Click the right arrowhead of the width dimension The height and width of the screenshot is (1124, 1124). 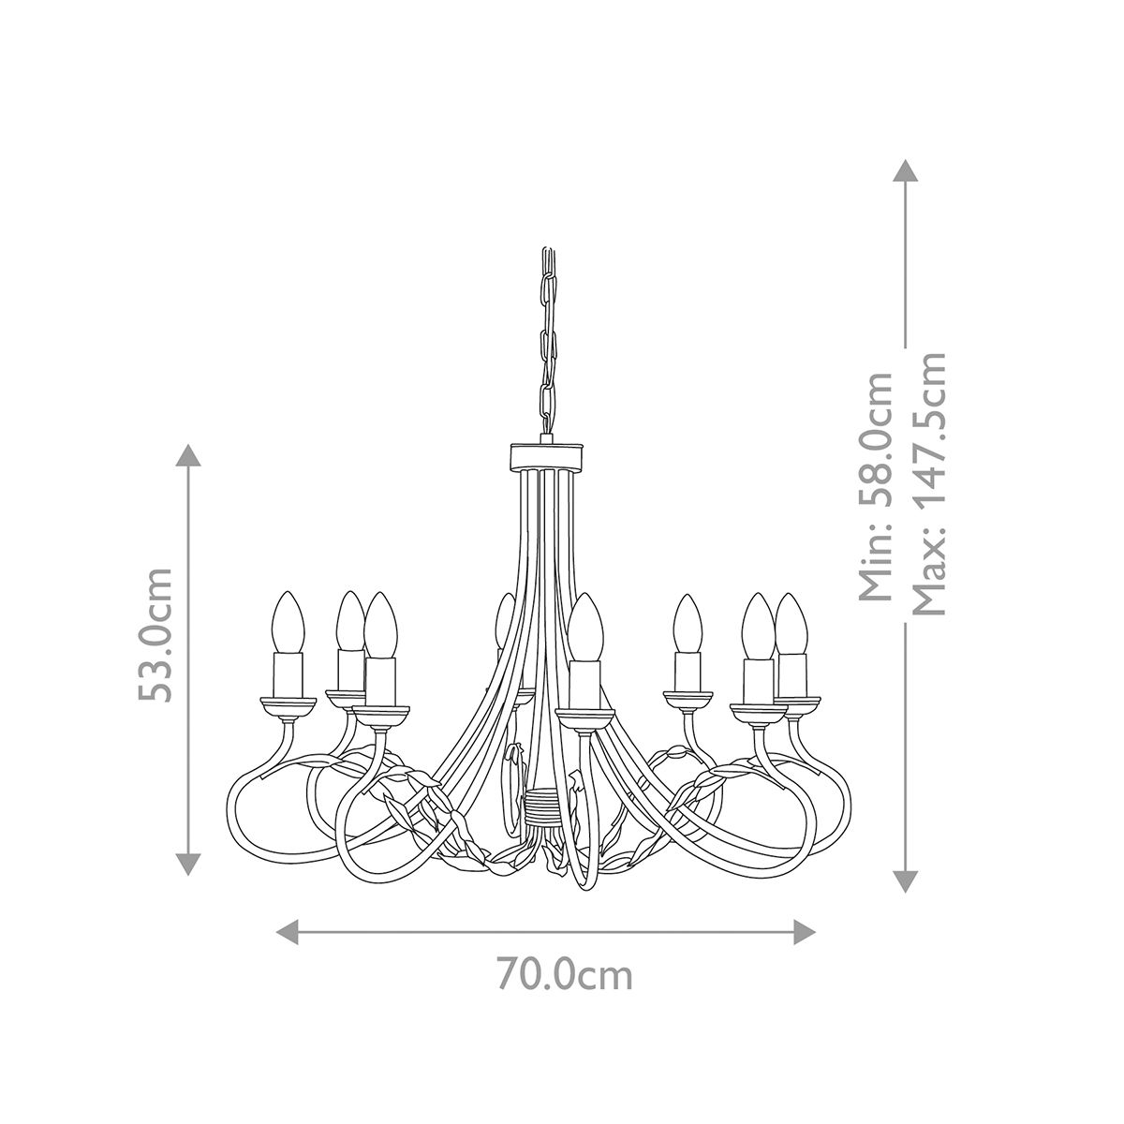pos(805,931)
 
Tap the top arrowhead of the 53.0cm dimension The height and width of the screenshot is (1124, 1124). pos(189,457)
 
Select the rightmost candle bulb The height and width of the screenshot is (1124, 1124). pos(791,623)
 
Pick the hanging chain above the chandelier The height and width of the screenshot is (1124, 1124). pos(546,337)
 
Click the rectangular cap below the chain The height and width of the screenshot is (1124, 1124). pos(546,457)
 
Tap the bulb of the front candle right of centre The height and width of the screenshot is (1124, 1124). pos(586,626)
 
